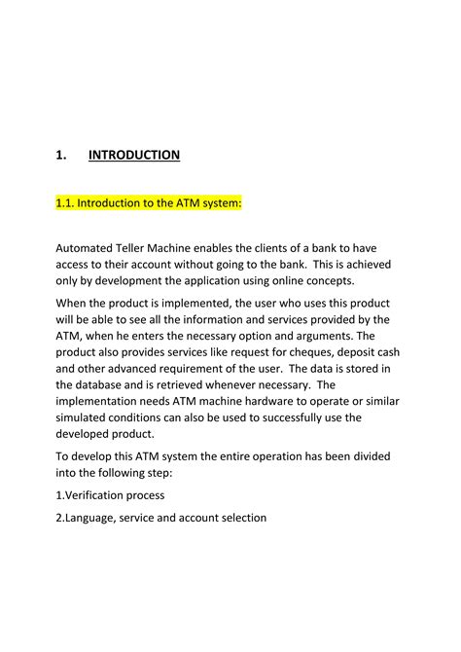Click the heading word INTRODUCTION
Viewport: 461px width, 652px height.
(x=134, y=155)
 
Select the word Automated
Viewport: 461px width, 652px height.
(x=87, y=249)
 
